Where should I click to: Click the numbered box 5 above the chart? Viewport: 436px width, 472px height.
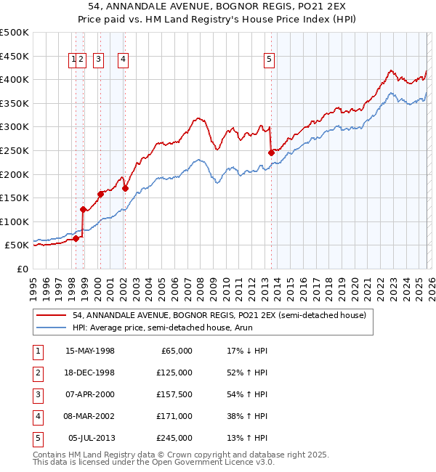270,60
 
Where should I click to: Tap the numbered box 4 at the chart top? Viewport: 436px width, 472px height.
124,60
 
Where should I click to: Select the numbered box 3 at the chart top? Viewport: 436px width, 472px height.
99,60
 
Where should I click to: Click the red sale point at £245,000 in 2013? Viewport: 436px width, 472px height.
271,152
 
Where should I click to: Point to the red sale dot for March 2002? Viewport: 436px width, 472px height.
125,188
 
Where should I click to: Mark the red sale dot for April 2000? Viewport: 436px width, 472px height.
101,194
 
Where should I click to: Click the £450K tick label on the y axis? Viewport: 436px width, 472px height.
15,56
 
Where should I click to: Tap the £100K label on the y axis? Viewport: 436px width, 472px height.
15,221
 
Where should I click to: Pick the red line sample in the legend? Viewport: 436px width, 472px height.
52,315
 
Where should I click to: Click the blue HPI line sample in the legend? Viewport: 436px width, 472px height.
52,328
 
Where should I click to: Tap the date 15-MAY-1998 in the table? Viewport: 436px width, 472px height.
90,351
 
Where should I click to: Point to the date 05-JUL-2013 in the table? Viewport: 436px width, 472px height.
91,438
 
